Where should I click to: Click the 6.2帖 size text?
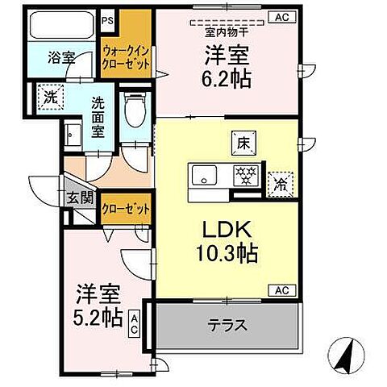coord(225,78)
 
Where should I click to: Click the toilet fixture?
coord(134,114)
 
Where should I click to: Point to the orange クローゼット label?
coord(126,208)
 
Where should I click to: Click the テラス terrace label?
coord(227,327)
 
